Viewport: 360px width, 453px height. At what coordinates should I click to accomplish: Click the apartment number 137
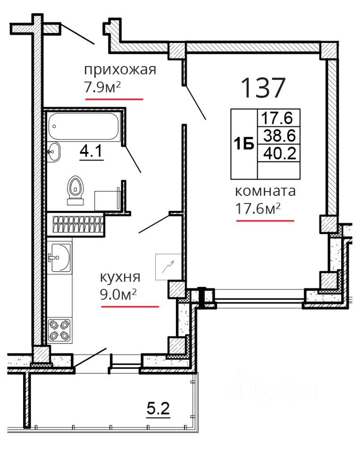(263, 87)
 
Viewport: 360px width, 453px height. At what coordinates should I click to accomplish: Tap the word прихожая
(120, 70)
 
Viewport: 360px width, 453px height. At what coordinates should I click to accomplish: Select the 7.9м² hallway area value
(102, 87)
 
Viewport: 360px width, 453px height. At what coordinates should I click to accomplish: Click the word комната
(265, 191)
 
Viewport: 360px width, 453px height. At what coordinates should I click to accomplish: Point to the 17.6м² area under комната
(258, 208)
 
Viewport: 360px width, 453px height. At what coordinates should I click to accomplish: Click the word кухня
(120, 277)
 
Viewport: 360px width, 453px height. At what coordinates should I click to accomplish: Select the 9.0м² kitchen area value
(118, 294)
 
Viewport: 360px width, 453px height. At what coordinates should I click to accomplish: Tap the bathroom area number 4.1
(91, 151)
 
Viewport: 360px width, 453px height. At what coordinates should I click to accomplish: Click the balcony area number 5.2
(159, 409)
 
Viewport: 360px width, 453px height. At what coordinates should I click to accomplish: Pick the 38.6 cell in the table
(279, 135)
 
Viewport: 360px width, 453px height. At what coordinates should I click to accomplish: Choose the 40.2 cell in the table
(280, 153)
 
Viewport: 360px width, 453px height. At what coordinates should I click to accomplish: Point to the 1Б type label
(244, 144)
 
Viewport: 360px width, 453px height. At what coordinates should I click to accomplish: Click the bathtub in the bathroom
(84, 126)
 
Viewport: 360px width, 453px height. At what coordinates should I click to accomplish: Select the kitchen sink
(61, 258)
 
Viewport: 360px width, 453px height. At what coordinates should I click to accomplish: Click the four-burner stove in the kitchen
(60, 330)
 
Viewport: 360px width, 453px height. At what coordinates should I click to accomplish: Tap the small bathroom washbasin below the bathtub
(53, 151)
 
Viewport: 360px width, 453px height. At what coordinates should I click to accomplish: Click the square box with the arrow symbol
(168, 267)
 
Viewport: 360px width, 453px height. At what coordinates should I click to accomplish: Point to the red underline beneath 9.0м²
(130, 307)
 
